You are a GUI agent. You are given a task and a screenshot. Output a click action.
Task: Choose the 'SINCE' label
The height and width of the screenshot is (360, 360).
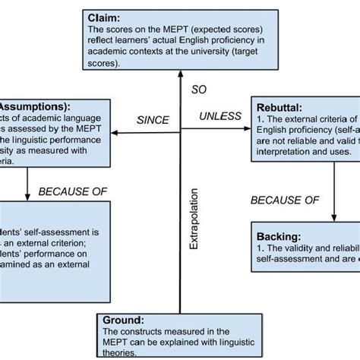(153, 120)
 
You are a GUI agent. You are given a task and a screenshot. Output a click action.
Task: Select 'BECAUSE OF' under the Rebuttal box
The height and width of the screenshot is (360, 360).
(285, 200)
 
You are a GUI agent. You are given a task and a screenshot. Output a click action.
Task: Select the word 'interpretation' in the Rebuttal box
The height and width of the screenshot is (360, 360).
(289, 151)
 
